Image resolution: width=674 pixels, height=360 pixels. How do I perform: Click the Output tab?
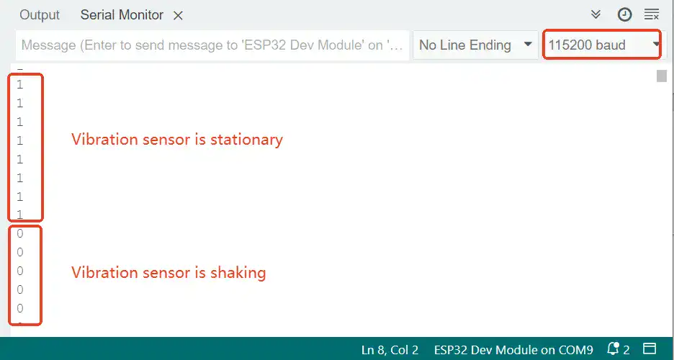[40, 15]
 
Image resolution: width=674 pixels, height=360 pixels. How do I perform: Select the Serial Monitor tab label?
[122, 15]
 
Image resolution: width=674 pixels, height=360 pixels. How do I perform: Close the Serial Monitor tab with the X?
[178, 16]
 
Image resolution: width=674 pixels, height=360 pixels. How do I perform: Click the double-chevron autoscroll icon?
[596, 14]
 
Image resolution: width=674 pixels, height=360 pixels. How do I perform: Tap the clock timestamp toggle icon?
[624, 14]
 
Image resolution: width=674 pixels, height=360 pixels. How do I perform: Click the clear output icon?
[652, 14]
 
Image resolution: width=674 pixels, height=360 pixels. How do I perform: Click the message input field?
[212, 45]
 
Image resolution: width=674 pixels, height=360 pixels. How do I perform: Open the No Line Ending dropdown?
[475, 45]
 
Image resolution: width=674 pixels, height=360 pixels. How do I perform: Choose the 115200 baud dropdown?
[602, 45]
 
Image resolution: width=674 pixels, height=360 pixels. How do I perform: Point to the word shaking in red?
[238, 273]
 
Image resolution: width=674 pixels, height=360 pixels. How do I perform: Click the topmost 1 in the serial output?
[19, 85]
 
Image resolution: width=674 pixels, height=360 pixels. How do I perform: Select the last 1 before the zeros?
[19, 215]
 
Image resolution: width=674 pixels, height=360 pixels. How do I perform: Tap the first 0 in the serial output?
[19, 234]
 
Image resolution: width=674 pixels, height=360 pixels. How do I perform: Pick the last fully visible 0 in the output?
[19, 308]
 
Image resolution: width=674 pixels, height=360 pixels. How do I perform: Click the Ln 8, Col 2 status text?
[390, 350]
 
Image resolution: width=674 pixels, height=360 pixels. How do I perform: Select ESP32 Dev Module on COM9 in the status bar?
[513, 350]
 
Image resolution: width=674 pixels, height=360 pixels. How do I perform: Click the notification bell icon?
[614, 348]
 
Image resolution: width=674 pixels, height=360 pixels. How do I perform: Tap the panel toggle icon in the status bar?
[650, 348]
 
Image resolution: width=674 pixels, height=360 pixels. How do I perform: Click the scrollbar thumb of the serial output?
[662, 76]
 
